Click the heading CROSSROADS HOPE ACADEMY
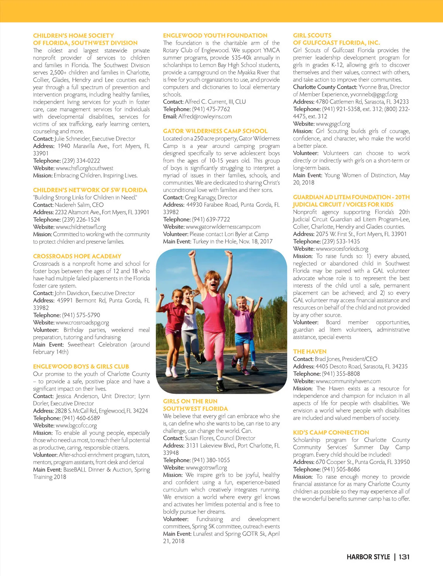pyautogui.click(x=77, y=256)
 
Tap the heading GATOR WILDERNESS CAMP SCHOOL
pyautogui.click(x=215, y=131)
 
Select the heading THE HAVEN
pyautogui.click(x=310, y=352)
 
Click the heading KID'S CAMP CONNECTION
pyautogui.click(x=331, y=433)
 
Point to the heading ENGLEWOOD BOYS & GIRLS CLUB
pyautogui.click(x=81, y=366)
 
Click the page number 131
pyautogui.click(x=404, y=557)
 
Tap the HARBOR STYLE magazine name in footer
pyautogui.click(x=368, y=557)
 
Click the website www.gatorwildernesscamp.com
pyautogui.click(x=223, y=227)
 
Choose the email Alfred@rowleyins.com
pyautogui.click(x=205, y=116)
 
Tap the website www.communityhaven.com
pyautogui.click(x=348, y=381)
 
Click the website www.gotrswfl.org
pyautogui.click(x=206, y=467)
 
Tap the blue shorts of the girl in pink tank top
pyautogui.click(x=242, y=338)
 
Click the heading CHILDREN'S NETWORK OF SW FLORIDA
pyautogui.click(x=90, y=190)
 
